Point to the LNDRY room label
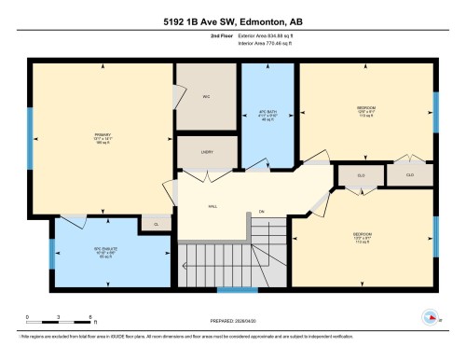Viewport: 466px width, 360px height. [x=207, y=153]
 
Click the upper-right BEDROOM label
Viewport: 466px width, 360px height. [x=366, y=110]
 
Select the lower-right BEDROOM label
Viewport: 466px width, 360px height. [x=364, y=235]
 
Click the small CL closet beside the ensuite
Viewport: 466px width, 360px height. [x=155, y=223]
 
